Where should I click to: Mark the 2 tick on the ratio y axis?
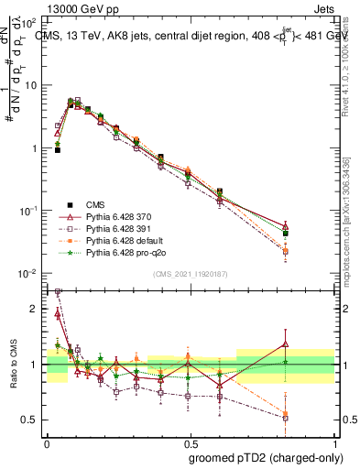click(x=36, y=309)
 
